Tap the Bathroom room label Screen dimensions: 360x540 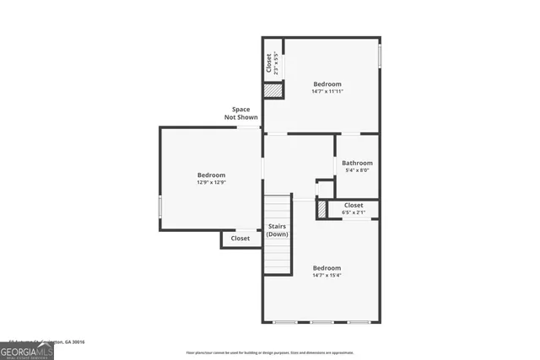click(x=357, y=163)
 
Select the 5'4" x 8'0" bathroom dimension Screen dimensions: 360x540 click(x=357, y=170)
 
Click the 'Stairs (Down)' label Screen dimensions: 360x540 click(x=278, y=230)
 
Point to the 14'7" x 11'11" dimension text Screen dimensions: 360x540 click(x=327, y=91)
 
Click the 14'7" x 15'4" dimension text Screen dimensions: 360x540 click(x=327, y=275)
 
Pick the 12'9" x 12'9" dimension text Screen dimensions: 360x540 click(x=211, y=182)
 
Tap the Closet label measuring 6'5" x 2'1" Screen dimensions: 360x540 click(x=354, y=205)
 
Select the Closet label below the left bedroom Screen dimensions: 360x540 click(x=240, y=239)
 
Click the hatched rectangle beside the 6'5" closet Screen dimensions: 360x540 click(x=321, y=209)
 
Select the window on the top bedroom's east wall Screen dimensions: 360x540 click(x=380, y=56)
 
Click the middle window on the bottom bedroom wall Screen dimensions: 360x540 click(x=321, y=322)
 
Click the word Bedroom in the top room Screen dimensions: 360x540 click(x=327, y=83)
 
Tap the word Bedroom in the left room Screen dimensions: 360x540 click(x=211, y=175)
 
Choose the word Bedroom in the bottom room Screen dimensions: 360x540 click(x=327, y=267)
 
